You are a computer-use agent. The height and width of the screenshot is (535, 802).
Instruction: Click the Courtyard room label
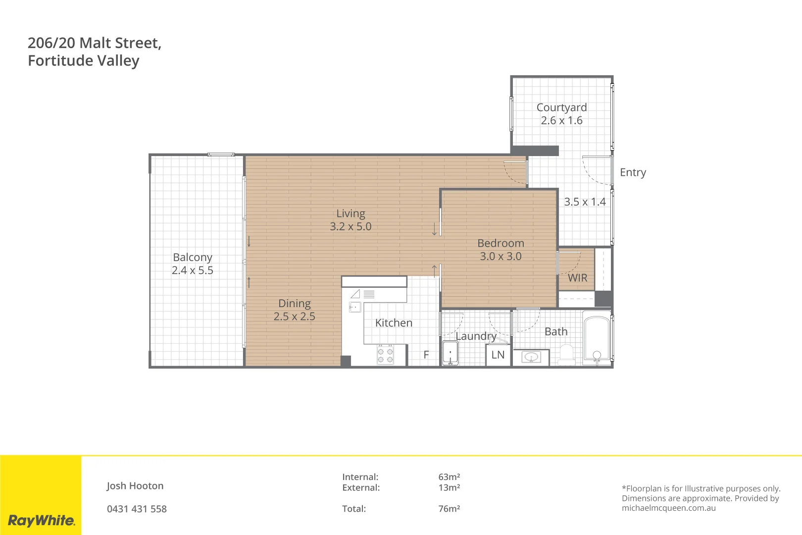click(x=561, y=107)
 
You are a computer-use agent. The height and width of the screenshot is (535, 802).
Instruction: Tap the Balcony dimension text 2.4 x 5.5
click(x=192, y=270)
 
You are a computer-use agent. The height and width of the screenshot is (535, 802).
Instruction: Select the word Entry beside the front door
click(x=633, y=172)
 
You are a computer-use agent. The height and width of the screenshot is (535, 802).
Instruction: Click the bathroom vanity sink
click(x=531, y=357)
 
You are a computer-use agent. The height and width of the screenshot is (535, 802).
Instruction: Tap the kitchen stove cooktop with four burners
click(x=385, y=355)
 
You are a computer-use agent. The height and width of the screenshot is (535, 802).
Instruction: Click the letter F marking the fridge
click(x=426, y=355)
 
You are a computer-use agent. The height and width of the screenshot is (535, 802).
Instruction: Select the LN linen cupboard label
click(x=498, y=355)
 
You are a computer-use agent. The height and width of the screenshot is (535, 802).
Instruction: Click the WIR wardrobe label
click(x=577, y=278)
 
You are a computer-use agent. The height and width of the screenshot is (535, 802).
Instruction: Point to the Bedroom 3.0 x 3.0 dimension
click(x=501, y=257)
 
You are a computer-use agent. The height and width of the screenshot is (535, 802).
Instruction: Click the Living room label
click(x=351, y=214)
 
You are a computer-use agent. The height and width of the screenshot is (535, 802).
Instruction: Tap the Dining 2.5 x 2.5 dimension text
click(x=294, y=317)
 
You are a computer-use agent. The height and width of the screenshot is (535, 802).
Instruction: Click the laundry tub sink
click(x=450, y=353)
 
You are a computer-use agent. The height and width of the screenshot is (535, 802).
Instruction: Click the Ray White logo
click(x=41, y=520)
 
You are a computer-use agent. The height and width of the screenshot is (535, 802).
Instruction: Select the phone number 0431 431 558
click(x=137, y=509)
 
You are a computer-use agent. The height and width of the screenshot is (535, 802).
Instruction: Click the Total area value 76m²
click(x=449, y=509)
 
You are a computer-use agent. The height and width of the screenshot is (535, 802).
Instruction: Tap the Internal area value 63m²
click(x=449, y=477)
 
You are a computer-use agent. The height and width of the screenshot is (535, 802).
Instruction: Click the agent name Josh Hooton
click(x=135, y=486)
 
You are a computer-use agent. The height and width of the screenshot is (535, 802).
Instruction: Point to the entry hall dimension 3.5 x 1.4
click(x=585, y=202)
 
